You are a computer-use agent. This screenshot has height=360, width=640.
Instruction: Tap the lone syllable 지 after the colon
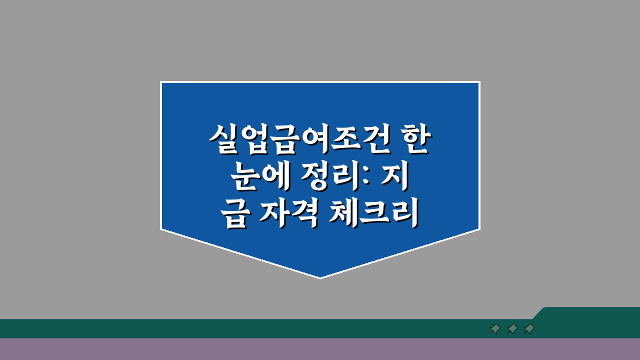point(396,178)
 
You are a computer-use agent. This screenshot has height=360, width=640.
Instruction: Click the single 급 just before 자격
point(234,217)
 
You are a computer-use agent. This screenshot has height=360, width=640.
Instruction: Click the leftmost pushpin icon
point(495,329)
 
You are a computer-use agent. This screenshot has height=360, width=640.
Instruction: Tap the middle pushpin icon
point(512,329)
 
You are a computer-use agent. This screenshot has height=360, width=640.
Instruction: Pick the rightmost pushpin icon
point(529,329)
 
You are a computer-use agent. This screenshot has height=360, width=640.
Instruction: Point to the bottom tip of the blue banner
point(320,276)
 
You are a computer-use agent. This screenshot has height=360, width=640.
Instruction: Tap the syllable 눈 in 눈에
point(243,178)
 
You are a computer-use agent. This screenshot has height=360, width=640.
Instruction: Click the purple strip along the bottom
point(320,349)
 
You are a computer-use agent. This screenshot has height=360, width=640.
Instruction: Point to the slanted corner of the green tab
point(539,313)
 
